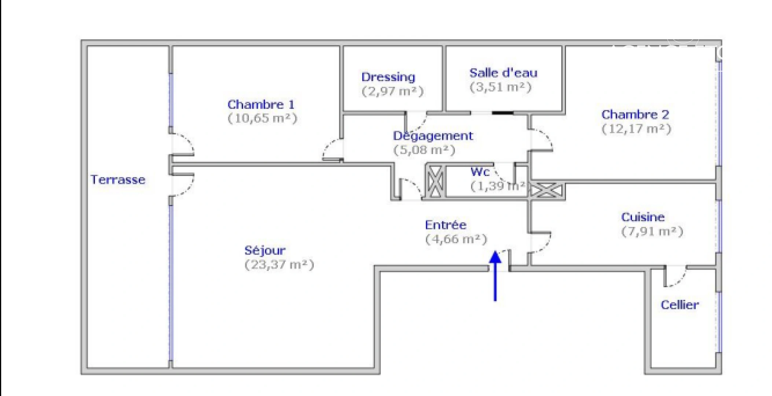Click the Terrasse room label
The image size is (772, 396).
click(118, 180)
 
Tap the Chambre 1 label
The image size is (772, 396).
click(261, 104)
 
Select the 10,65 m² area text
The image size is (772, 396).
click(262, 118)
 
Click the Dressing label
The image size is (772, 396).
click(388, 77)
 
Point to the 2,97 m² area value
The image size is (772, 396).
click(393, 91)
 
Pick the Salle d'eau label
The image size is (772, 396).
click(504, 73)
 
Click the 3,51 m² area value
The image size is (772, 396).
click(501, 87)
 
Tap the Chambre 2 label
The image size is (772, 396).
click(635, 115)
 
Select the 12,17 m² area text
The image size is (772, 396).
click(637, 129)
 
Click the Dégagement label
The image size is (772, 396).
click(433, 136)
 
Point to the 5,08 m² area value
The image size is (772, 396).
click(424, 150)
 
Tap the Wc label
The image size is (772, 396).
click(480, 172)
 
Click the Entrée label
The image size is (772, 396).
click(446, 224)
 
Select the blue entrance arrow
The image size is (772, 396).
click(495, 276)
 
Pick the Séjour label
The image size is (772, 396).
click(265, 251)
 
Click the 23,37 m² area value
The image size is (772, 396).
click(279, 265)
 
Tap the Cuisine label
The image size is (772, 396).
click(643, 217)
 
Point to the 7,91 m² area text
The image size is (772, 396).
click(652, 232)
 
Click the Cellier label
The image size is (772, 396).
click(680, 305)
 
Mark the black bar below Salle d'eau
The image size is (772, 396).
click(503, 113)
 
